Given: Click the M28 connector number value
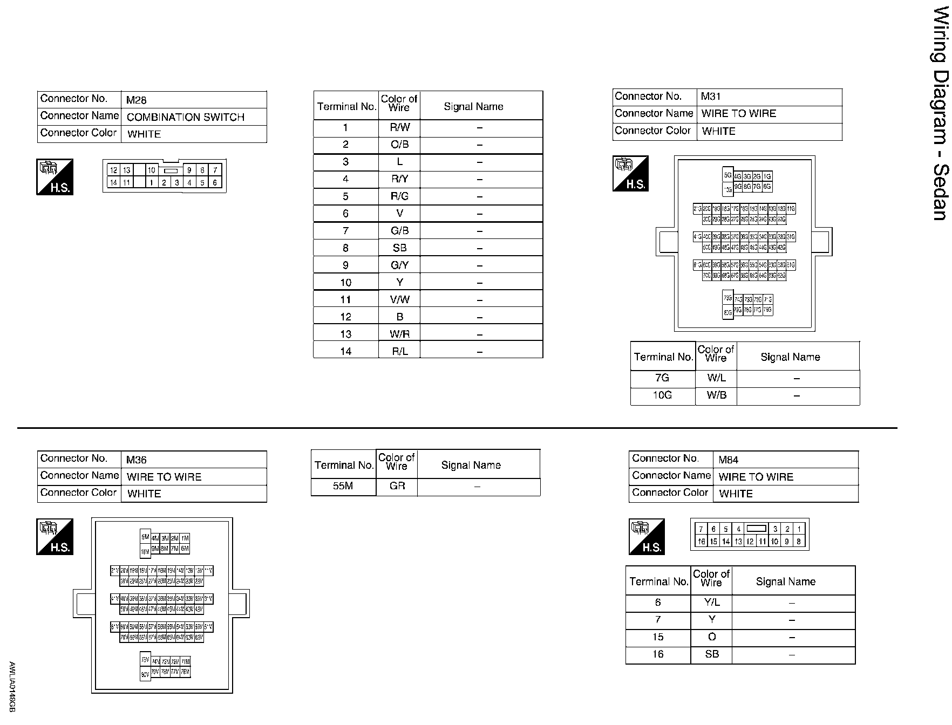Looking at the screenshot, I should pyautogui.click(x=136, y=100).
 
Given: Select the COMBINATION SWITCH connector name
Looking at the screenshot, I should pyautogui.click(x=185, y=117).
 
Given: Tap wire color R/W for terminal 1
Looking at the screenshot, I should pyautogui.click(x=399, y=128).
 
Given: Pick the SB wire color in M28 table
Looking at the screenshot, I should pyautogui.click(x=399, y=248).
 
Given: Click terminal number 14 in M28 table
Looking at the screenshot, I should pyautogui.click(x=345, y=351).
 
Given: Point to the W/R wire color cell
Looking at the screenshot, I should pyautogui.click(x=399, y=334).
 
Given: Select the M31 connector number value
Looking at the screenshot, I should pyautogui.click(x=710, y=97).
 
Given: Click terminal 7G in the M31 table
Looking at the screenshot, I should pyautogui.click(x=662, y=378).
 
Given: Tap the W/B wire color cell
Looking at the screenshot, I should pyautogui.click(x=716, y=395).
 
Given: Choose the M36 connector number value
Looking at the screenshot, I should pyautogui.click(x=136, y=460).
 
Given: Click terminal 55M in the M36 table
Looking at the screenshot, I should pyautogui.click(x=343, y=486).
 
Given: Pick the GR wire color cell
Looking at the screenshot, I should pyautogui.click(x=397, y=486).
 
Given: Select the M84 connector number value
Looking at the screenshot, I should pyautogui.click(x=728, y=460).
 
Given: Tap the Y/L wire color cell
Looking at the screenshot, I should pyautogui.click(x=711, y=603).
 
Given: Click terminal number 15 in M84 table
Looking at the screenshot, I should pyautogui.click(x=657, y=637).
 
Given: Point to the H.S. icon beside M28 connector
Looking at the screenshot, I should pyautogui.click(x=55, y=177).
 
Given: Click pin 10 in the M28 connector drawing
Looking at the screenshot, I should pyautogui.click(x=152, y=170).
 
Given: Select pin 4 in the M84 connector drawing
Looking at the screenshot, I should pyautogui.click(x=738, y=529).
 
